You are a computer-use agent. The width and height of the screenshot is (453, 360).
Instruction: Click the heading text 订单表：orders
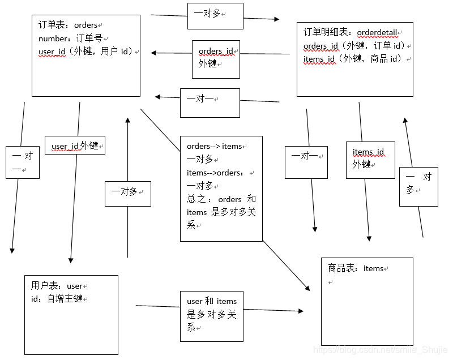pyautogui.click(x=68, y=25)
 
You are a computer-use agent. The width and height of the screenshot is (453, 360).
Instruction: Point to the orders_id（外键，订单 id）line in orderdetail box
pyautogui.click(x=354, y=46)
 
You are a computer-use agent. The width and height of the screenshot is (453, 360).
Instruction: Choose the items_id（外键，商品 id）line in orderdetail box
pyautogui.click(x=354, y=59)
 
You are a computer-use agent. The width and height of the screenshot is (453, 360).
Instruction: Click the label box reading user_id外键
pyautogui.click(x=75, y=146)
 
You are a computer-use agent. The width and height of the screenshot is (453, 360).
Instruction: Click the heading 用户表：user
pyautogui.click(x=57, y=286)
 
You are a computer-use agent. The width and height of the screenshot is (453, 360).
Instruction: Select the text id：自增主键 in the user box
pyautogui.click(x=59, y=298)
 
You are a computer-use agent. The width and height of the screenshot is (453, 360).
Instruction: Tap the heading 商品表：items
pyautogui.click(x=356, y=268)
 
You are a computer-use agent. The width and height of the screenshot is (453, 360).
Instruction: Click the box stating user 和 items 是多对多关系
pyautogui.click(x=212, y=315)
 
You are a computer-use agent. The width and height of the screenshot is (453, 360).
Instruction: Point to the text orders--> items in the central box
pyautogui.click(x=214, y=147)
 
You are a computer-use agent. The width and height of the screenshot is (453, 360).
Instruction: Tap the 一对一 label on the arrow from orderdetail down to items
pyautogui.click(x=305, y=156)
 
